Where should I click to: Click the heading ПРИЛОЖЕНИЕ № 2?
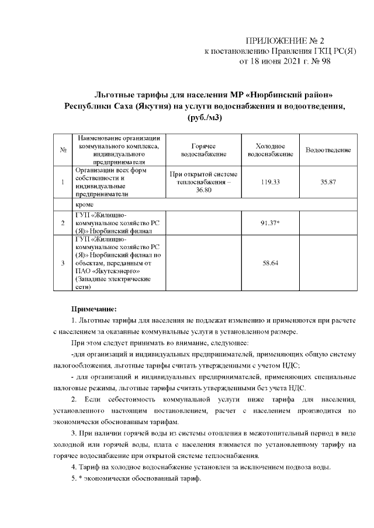(x=284, y=41)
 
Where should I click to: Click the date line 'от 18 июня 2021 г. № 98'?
(x=285, y=61)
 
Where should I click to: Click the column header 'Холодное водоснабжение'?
(x=270, y=151)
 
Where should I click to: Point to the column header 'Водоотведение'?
(x=328, y=151)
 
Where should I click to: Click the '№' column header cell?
(x=62, y=151)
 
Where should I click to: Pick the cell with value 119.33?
(x=270, y=183)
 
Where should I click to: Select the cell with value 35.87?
(x=328, y=183)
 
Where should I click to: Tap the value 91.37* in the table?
(x=270, y=223)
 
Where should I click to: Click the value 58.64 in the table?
(x=270, y=263)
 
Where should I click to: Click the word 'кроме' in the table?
(x=85, y=206)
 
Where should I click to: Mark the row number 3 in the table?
(x=62, y=263)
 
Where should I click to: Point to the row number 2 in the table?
(x=62, y=223)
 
